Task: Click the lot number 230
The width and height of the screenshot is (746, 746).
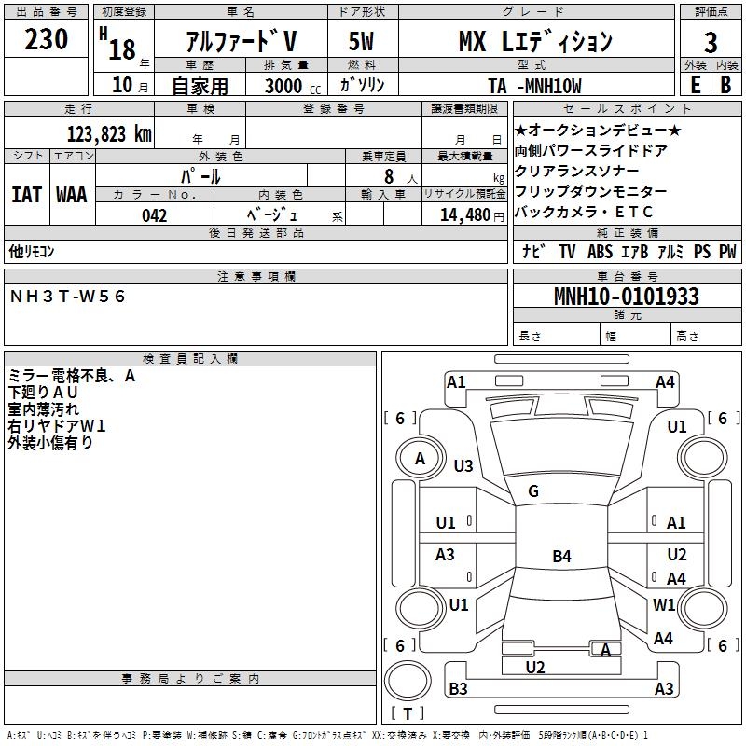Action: pos(47,40)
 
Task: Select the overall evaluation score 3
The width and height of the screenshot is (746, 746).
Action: pos(711,43)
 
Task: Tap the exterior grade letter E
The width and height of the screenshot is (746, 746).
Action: pos(695,84)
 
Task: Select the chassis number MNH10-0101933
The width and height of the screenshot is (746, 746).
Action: pos(626,297)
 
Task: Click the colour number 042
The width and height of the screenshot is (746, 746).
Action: pos(154,215)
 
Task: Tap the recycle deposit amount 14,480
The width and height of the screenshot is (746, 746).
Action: pos(464,215)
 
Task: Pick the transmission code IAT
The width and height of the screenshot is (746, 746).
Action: pos(27,194)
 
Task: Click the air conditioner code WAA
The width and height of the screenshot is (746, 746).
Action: pos(72,194)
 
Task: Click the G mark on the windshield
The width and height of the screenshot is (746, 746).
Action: pos(533,491)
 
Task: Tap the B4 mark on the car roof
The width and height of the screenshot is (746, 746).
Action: pos(561,557)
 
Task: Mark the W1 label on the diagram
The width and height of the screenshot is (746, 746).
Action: pos(664,604)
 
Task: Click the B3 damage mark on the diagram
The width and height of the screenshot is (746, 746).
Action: pos(458,689)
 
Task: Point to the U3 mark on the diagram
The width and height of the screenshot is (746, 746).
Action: pos(463,465)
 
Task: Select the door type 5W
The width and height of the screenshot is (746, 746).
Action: pos(362,42)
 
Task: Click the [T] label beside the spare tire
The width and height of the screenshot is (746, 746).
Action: pos(408,713)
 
